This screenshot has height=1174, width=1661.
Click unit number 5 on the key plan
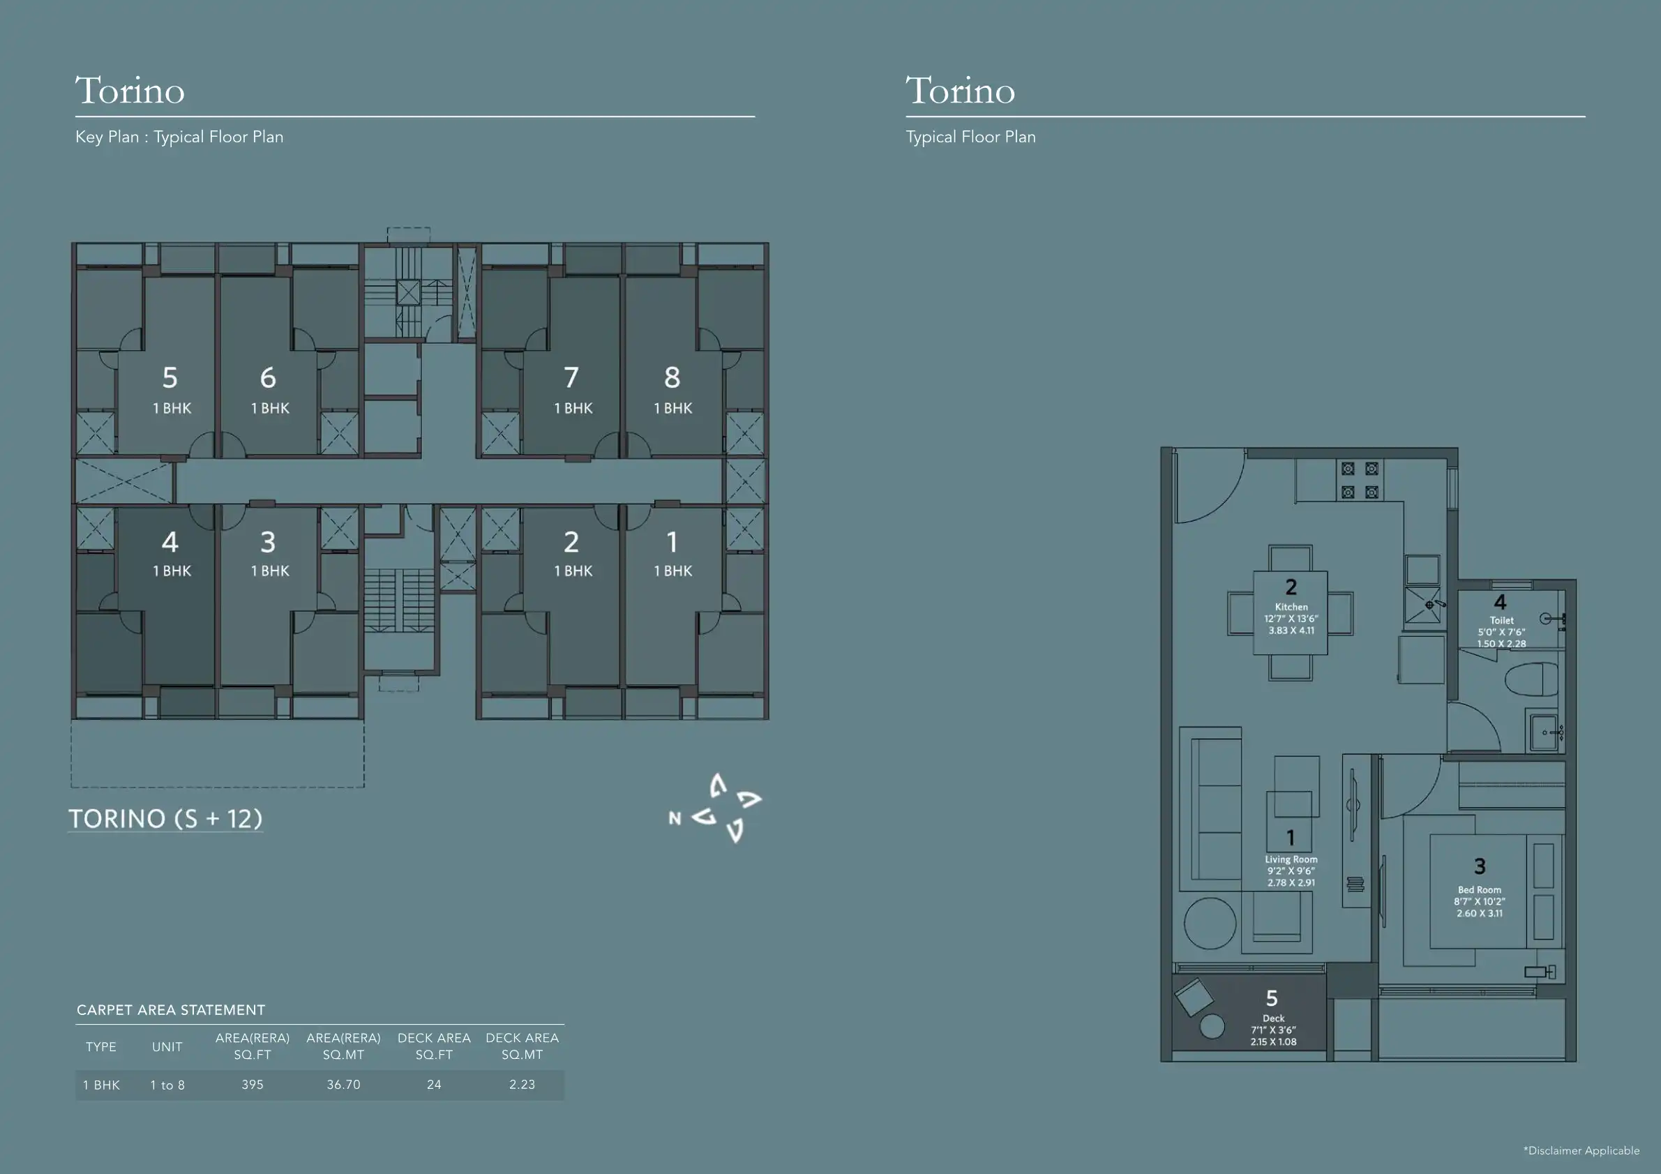(170, 377)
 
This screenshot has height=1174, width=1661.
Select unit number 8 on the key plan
(672, 377)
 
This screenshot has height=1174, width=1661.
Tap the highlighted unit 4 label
(170, 542)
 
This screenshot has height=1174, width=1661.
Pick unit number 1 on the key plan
(672, 542)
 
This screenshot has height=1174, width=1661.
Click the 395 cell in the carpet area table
(253, 1084)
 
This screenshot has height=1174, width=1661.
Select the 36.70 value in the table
(344, 1084)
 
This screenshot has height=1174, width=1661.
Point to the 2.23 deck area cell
(522, 1084)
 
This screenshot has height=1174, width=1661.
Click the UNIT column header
(167, 1046)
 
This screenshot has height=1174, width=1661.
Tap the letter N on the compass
(675, 818)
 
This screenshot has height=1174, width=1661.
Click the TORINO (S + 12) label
(165, 819)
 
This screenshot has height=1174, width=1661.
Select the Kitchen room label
(1291, 607)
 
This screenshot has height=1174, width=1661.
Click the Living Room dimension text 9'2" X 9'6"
(1291, 871)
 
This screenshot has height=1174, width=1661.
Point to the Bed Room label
(1480, 889)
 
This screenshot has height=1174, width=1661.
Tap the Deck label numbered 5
(1273, 1018)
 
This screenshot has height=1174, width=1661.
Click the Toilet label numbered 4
(1502, 620)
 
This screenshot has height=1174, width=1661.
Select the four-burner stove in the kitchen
(1360, 481)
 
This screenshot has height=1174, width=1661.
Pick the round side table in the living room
(1210, 924)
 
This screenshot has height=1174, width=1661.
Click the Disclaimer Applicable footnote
(1581, 1150)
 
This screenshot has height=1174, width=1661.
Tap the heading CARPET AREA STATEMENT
(171, 1010)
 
